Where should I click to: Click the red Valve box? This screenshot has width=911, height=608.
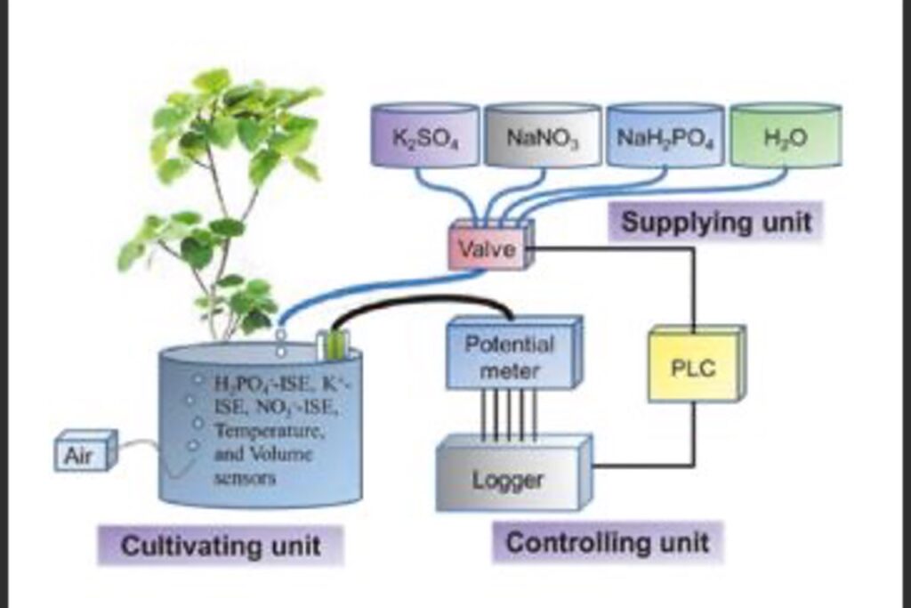point(488,248)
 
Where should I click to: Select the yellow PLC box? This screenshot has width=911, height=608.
point(693,368)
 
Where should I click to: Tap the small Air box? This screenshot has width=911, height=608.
point(84,455)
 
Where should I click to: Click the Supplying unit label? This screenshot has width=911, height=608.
point(715,222)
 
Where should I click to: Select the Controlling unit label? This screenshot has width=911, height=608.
point(608,542)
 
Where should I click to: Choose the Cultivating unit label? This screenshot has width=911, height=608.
point(220,545)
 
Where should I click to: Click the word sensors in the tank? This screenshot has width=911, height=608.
point(246,478)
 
